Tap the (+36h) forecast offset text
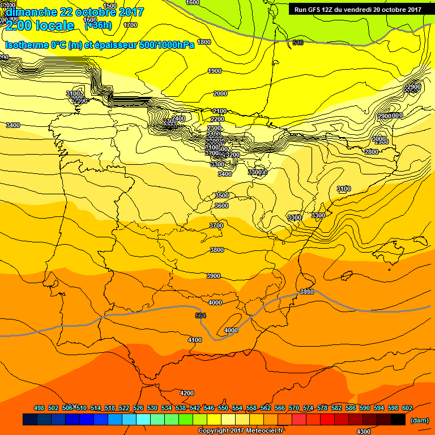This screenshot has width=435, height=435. coord(97,25)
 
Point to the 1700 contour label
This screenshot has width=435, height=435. coord(130,25)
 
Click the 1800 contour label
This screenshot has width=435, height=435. coord(204,42)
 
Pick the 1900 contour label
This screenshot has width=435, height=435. coord(215,71)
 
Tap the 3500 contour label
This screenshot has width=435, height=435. coord(221,195)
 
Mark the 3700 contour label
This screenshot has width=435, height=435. coord(216,225)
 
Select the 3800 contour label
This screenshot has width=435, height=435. coord(216,250)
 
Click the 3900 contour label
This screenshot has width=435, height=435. coord(214,276)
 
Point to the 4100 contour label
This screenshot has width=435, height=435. coord(194,340)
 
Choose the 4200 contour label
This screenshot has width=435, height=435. coord(186,393)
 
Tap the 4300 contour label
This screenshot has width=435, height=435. coord(364,432)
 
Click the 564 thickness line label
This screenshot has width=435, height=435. coord(200,315)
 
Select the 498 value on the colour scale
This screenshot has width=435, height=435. coord(39,408)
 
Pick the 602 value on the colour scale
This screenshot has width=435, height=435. coord(407,408)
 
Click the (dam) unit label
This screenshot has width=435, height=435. coord(420,420)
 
